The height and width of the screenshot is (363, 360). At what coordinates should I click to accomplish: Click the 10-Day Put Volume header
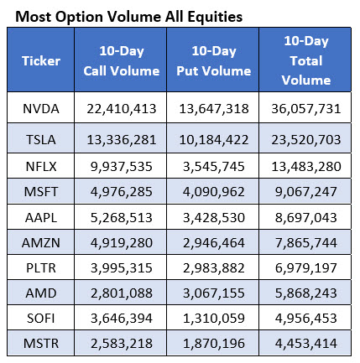(x=211, y=61)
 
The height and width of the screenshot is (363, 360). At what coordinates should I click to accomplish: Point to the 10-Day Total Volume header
(x=305, y=61)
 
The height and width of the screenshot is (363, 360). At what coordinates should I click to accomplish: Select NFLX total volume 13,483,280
(x=305, y=163)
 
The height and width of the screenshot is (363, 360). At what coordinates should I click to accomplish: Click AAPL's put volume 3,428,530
(x=211, y=215)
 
